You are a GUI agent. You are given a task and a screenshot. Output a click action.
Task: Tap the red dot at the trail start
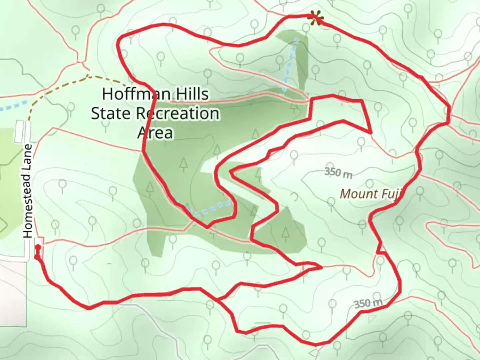[x=38, y=247]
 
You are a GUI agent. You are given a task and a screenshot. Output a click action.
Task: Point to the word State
[x=110, y=113]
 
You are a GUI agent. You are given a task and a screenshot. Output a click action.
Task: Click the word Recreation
[x=177, y=113]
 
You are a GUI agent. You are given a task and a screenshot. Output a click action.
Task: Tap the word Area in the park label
[x=155, y=133]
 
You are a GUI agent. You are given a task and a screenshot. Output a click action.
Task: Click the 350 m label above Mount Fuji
[x=338, y=173]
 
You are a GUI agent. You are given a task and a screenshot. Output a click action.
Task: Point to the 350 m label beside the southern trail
[x=368, y=303]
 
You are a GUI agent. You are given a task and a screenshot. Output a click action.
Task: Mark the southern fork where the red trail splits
[x=218, y=300]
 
